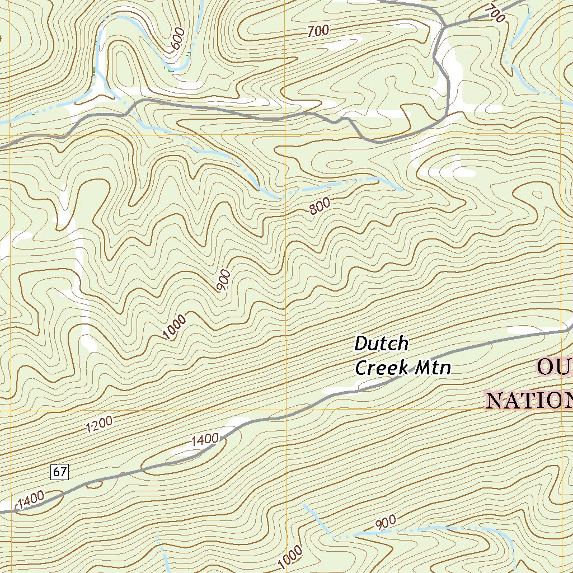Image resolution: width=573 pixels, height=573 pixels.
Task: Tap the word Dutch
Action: (x=382, y=343)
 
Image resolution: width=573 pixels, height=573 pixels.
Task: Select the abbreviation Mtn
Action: (x=434, y=368)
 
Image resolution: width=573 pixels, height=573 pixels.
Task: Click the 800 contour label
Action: (x=320, y=206)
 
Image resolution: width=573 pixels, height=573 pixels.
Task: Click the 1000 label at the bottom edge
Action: (x=290, y=556)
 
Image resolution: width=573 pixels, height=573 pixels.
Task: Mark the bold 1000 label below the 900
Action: (x=175, y=327)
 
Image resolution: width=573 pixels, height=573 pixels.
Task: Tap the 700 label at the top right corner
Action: (x=495, y=13)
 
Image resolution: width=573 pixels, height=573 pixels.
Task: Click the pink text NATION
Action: (x=529, y=401)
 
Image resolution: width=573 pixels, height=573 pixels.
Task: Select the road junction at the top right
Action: (x=444, y=26)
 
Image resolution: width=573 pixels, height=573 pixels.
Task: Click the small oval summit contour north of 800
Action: (x=337, y=165)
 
